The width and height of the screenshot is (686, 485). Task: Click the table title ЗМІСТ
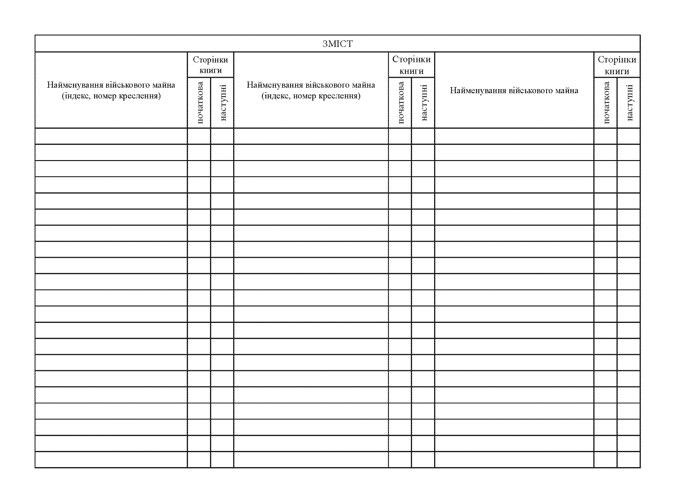[337, 44]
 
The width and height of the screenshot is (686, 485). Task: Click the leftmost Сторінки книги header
[210, 65]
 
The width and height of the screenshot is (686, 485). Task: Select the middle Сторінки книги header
[411, 65]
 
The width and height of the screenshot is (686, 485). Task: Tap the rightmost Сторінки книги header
[617, 65]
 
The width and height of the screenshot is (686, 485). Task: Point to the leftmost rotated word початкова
[200, 102]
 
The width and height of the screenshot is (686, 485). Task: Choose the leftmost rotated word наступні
[223, 102]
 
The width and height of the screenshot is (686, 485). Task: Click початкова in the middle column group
[400, 102]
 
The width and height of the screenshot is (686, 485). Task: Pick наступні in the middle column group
[424, 102]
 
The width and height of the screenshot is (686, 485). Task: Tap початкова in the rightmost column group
[606, 102]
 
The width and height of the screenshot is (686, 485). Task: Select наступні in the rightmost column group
[629, 102]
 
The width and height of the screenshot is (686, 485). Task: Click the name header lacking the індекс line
[514, 90]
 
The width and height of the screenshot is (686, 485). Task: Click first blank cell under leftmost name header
[111, 136]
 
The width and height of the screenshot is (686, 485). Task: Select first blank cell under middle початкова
[400, 136]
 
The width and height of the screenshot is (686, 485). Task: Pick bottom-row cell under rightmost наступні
[628, 459]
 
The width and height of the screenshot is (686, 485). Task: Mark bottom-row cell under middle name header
[311, 459]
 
